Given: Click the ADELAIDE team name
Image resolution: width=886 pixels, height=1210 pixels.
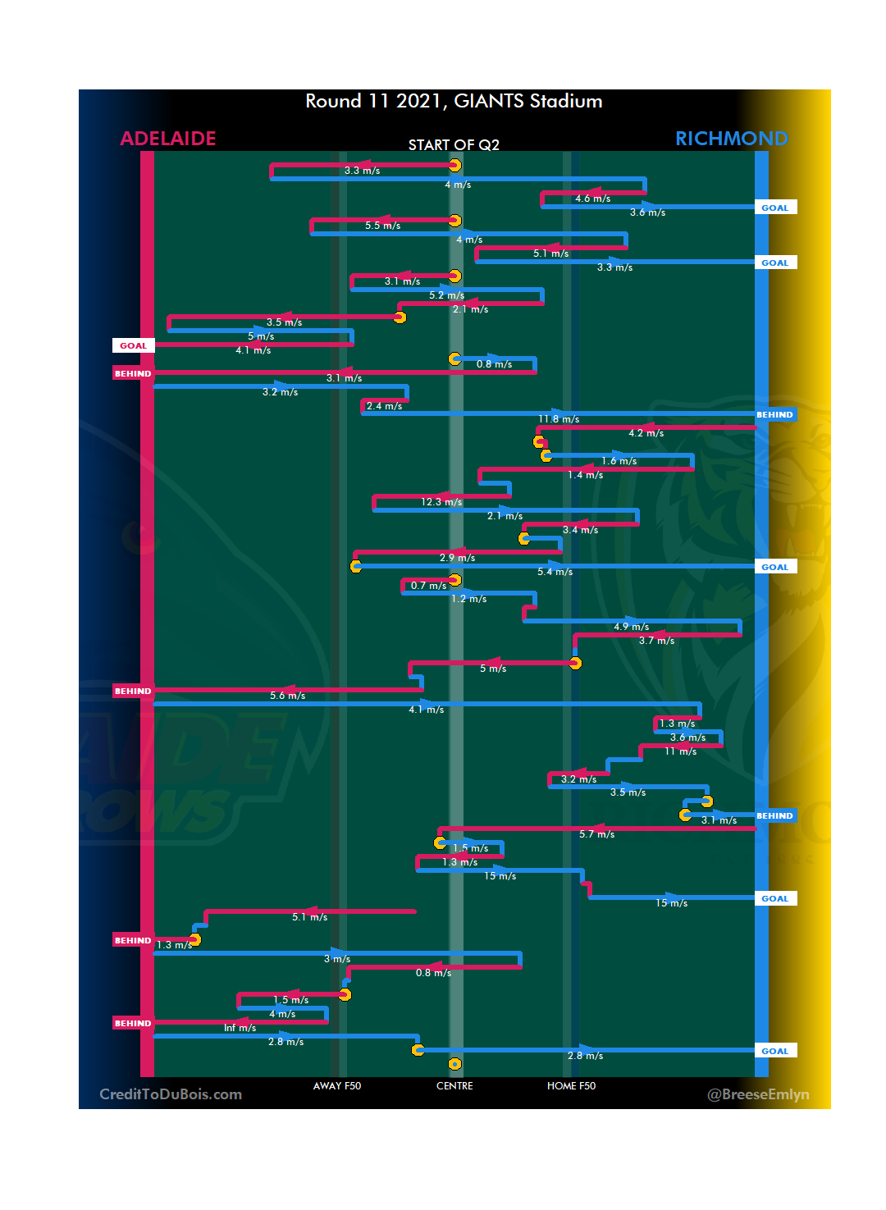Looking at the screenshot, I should click(168, 139).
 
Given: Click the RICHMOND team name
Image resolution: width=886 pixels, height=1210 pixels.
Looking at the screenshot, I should click(731, 139).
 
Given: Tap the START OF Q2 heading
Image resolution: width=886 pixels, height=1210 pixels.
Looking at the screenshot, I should click(454, 145).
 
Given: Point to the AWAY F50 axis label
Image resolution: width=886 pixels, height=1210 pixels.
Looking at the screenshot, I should click(336, 1086).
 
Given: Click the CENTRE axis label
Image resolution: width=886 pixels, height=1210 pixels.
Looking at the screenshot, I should click(454, 1086).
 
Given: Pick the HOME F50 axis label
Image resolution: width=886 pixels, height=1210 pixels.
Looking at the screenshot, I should click(571, 1086).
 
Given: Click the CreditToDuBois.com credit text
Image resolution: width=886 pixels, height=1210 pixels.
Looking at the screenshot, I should click(171, 1094).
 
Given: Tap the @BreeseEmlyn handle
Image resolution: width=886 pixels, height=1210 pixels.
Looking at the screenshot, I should click(758, 1094).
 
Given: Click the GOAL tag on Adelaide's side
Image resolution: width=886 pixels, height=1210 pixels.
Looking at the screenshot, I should click(133, 346).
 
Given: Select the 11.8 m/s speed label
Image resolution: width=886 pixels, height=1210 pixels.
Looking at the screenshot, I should click(559, 420).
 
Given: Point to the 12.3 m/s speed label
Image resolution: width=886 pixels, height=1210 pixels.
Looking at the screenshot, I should click(441, 502).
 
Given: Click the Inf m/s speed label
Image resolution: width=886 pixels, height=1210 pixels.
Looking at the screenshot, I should click(240, 1028).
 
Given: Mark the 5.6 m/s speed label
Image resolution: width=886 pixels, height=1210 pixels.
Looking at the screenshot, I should click(287, 696).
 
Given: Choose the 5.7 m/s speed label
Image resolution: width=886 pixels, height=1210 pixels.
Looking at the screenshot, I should click(596, 834).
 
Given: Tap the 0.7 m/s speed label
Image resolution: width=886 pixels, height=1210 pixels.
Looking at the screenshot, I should click(428, 586).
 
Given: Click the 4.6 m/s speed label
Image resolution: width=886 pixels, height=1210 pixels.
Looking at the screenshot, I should click(592, 199).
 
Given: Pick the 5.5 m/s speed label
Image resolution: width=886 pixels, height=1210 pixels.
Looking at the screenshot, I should click(382, 226).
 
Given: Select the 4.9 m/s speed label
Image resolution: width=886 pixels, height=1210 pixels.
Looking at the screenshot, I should click(631, 627).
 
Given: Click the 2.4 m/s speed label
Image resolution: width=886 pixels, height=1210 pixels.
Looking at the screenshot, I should click(384, 406).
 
